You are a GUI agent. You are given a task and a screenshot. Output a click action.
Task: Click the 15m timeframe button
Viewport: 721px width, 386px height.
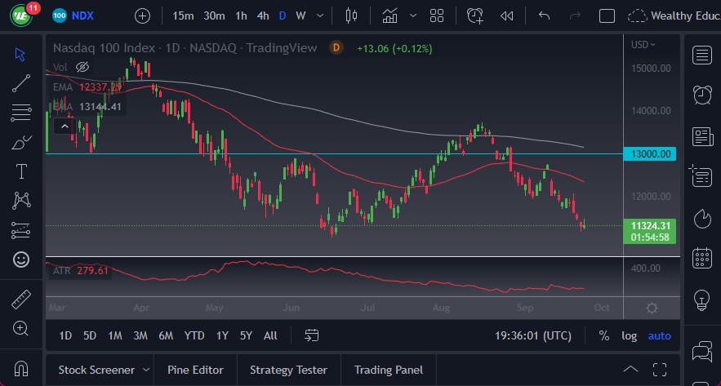coord(184,16)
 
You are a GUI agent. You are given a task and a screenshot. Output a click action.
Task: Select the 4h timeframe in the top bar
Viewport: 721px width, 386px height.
coord(262,16)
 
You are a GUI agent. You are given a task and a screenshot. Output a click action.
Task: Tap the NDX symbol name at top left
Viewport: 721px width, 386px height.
coord(82,16)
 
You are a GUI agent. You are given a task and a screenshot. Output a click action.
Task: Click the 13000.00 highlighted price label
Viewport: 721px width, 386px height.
coord(651,153)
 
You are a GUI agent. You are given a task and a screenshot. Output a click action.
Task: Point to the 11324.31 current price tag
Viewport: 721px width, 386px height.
coord(651,225)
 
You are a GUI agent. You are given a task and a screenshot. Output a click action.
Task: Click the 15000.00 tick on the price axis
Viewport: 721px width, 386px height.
coord(651,68)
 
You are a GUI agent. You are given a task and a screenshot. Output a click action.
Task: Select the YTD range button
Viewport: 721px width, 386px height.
coord(194,335)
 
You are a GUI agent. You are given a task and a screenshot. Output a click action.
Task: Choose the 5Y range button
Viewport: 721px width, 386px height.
coord(246,335)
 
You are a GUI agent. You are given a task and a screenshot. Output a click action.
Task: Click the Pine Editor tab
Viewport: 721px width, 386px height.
coord(195,370)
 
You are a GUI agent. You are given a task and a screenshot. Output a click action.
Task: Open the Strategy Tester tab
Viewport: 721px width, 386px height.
coord(288,370)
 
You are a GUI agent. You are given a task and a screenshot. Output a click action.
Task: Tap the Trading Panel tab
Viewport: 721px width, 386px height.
coord(389,370)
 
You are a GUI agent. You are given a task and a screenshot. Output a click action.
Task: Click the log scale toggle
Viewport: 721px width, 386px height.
coord(629,335)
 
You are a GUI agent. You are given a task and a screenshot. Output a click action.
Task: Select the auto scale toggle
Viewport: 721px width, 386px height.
coord(660,335)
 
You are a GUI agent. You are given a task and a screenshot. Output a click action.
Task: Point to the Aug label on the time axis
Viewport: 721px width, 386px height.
coord(441,308)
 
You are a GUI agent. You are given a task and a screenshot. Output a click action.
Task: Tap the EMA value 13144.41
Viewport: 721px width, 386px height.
coord(100,106)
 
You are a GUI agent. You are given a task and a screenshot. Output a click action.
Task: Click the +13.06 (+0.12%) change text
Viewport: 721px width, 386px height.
coord(394,48)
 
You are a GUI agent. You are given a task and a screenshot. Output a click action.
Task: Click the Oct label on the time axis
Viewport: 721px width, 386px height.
coord(602,308)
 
